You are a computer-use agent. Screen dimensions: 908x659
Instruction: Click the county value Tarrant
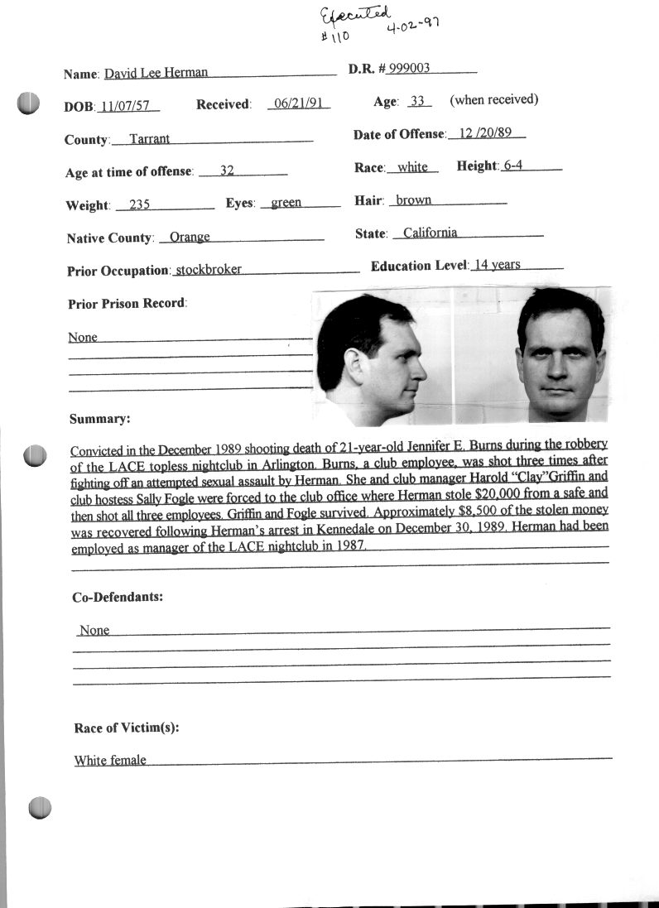pos(150,139)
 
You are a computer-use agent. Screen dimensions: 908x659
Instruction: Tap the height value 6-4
pos(513,166)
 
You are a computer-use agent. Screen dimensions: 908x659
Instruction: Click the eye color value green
pos(286,203)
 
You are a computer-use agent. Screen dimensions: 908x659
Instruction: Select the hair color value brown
pos(414,200)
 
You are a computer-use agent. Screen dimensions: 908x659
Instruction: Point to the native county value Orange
pos(190,238)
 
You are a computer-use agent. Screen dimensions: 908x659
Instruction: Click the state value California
pos(430,233)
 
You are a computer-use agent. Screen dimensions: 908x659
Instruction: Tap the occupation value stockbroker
pos(209,270)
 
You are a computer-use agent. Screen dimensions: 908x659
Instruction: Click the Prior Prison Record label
pos(127,303)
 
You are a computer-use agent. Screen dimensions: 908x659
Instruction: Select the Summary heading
pos(99,419)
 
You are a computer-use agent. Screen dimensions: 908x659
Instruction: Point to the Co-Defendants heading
pos(118,596)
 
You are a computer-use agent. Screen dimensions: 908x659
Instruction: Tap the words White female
pos(110,760)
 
